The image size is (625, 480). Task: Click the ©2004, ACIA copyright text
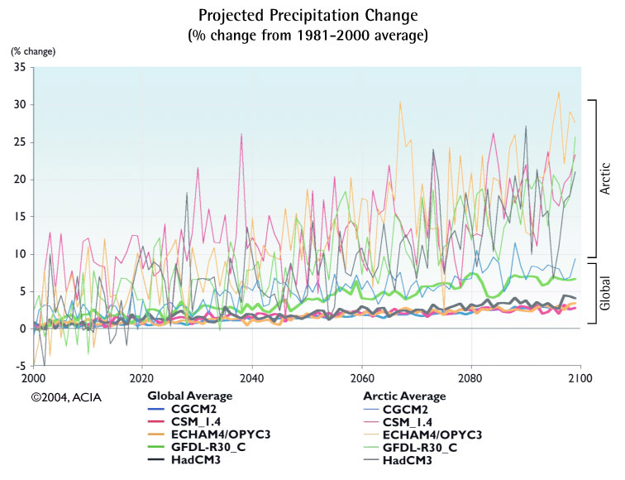point(67,397)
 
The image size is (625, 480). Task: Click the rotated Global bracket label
point(605,293)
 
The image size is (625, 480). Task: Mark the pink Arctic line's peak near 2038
point(241,135)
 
